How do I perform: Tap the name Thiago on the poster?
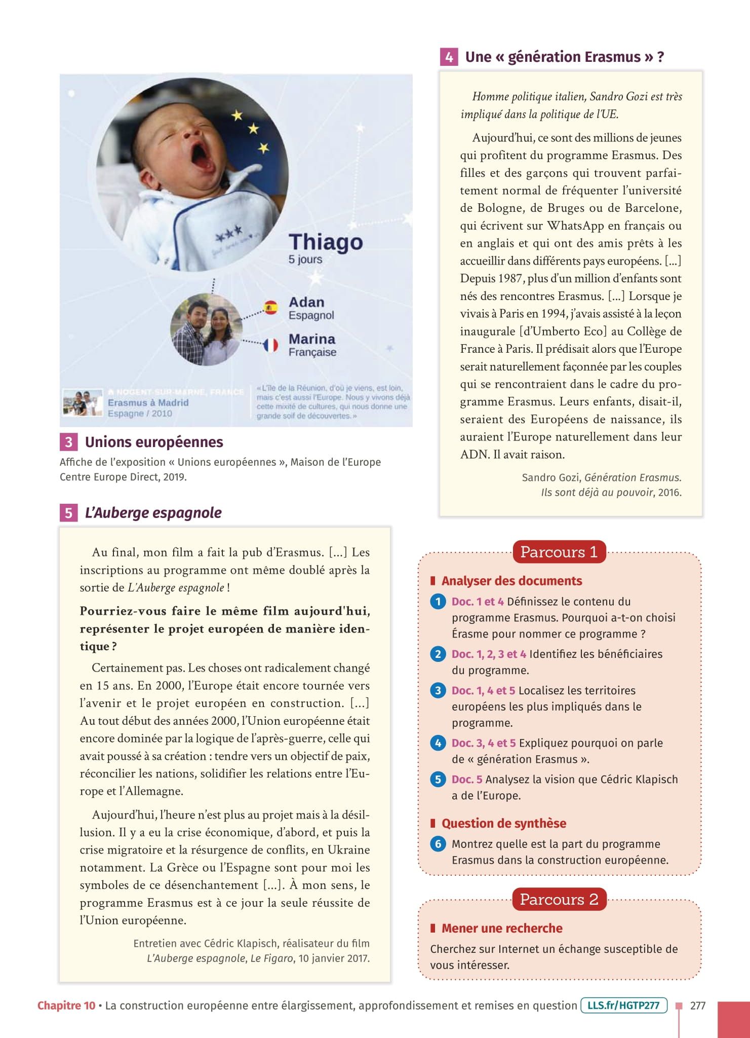pos(326,242)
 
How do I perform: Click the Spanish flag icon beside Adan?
pos(271,307)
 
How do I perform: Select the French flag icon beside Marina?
pos(271,345)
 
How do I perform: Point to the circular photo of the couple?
pos(205,329)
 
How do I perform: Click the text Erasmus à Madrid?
pos(148,402)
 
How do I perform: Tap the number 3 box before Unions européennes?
pos(68,442)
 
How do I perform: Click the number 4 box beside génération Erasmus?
pos(449,57)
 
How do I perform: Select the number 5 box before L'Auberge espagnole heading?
pos(68,512)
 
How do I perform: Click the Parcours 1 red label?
pos(559,551)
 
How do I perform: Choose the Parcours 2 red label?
pos(559,899)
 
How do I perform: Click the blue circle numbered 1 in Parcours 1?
pos(438,602)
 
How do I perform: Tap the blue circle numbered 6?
pos(438,844)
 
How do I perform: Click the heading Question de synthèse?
pos(503,823)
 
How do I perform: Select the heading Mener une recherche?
pos(501,928)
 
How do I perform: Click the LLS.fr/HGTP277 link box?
pos(623,1006)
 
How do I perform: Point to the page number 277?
pos(697,1006)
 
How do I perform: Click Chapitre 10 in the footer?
pos(66,1006)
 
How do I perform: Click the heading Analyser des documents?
pos(511,581)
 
